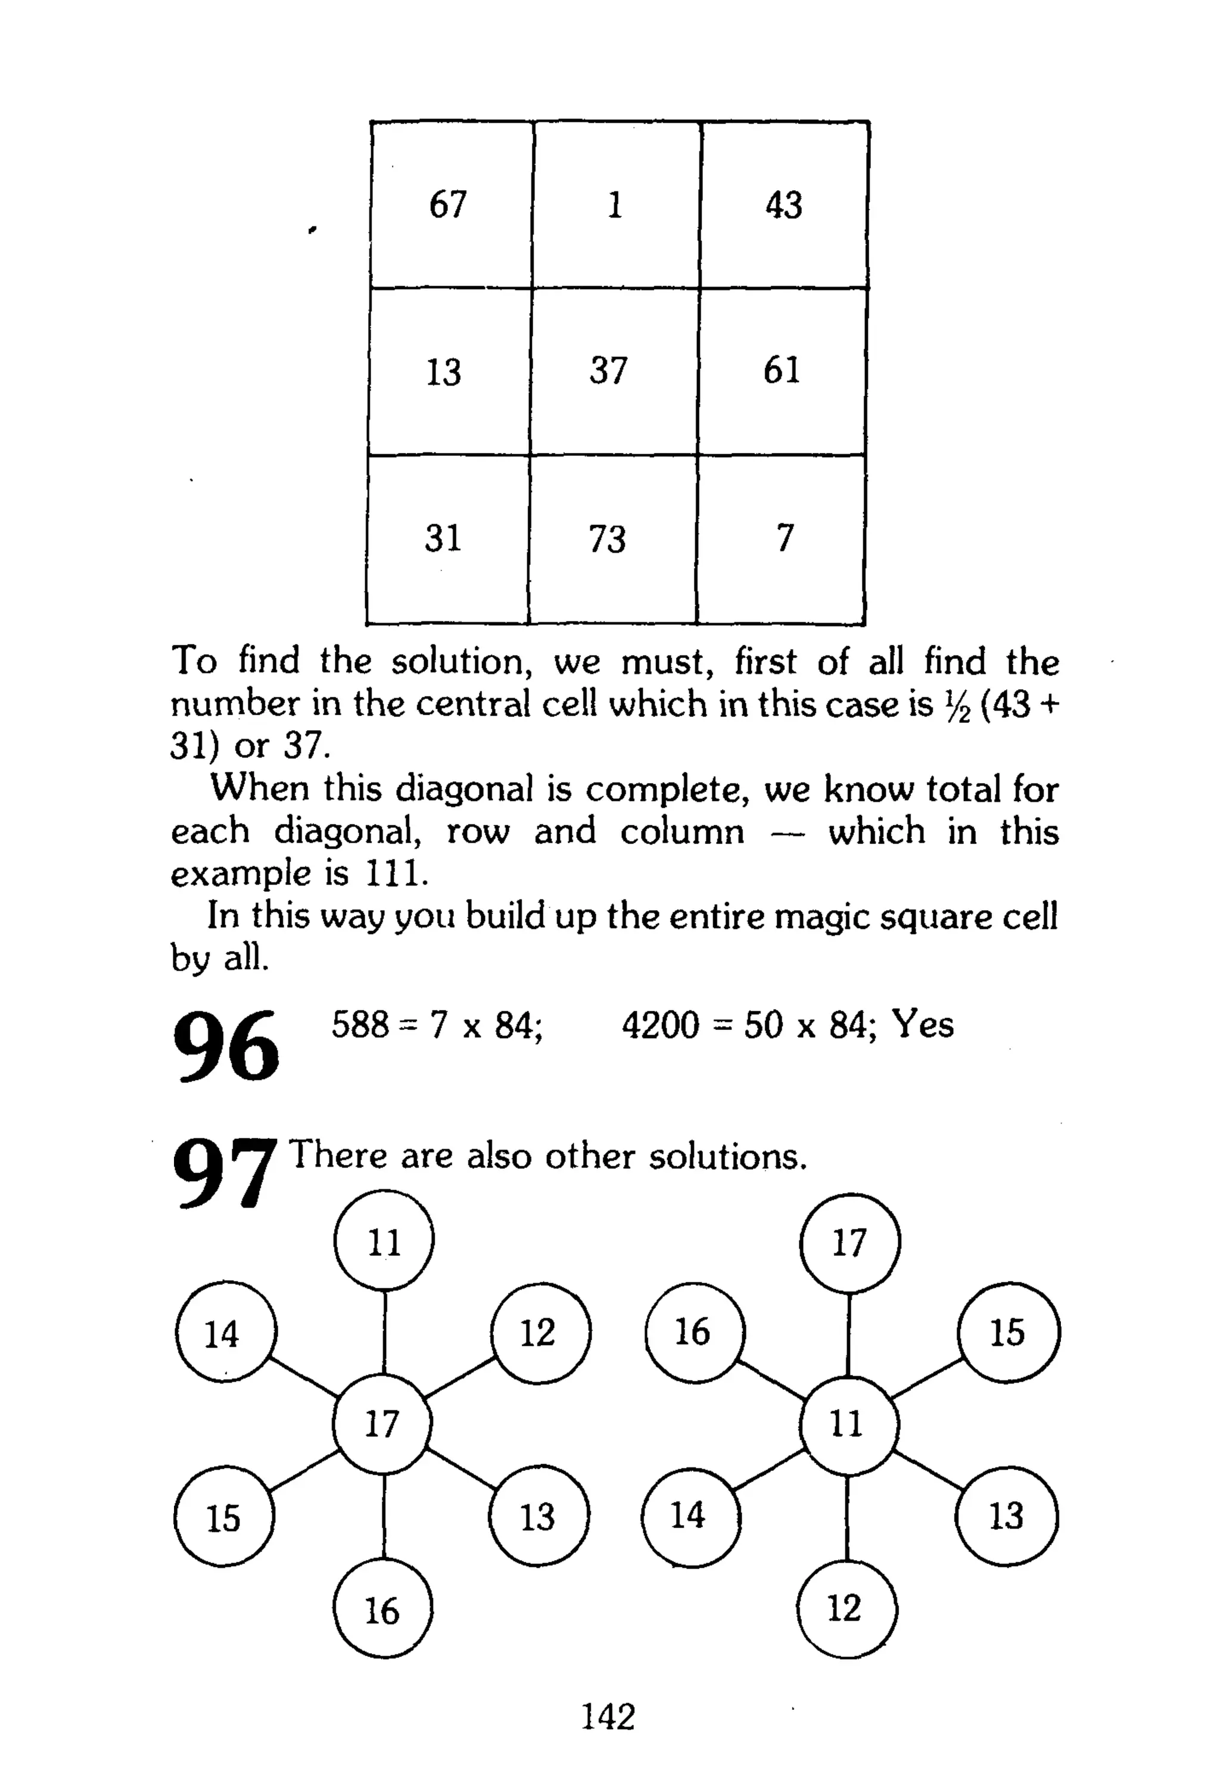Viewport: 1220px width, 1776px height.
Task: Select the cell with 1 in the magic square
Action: [616, 205]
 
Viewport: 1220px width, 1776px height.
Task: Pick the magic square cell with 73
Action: [608, 539]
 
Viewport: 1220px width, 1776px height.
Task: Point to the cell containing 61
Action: [782, 371]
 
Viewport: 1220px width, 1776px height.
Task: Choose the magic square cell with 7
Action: [785, 539]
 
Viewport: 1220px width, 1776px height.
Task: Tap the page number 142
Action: [608, 1717]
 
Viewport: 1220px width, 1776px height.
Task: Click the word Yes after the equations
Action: [923, 1024]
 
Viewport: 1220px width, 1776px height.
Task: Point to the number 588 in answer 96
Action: [359, 1025]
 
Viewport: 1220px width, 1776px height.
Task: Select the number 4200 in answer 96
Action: [661, 1025]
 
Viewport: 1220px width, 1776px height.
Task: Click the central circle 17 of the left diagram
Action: [382, 1424]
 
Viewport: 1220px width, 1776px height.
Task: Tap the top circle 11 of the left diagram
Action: [384, 1243]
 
